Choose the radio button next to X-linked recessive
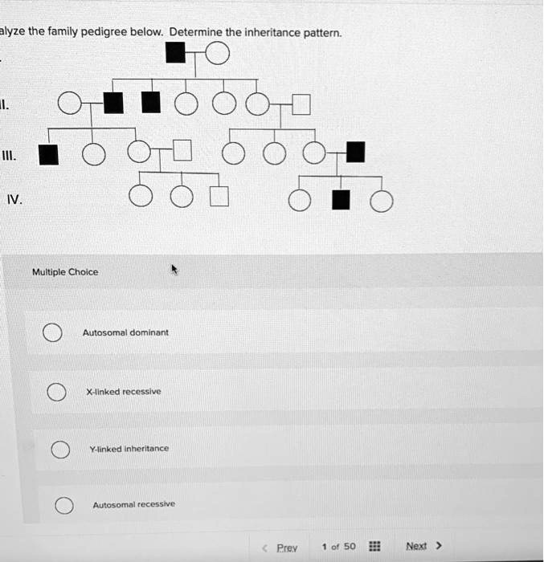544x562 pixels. click(55, 392)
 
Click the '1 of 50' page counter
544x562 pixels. click(338, 547)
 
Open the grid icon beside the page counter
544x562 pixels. click(374, 547)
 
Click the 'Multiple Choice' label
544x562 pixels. click(65, 272)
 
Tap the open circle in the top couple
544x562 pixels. click(218, 54)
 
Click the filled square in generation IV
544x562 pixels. click(342, 200)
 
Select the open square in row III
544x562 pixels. click(182, 152)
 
